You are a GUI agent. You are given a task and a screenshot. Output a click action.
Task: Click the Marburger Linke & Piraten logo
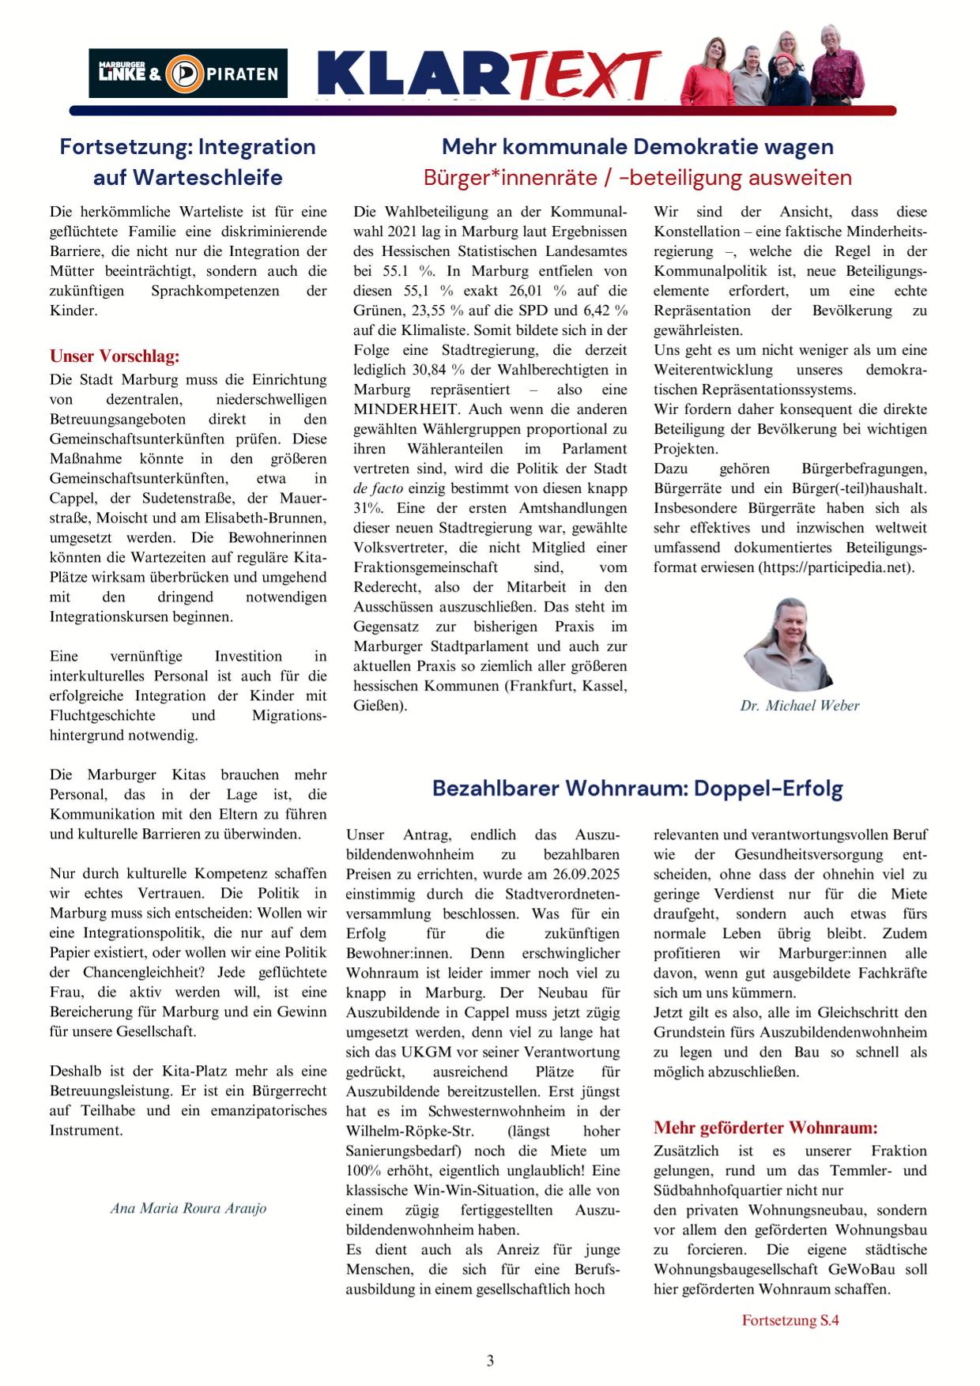click(x=188, y=73)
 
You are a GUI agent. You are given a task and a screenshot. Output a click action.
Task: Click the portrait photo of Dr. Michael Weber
click(x=787, y=645)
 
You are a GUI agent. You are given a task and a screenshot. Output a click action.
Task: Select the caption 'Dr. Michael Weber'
click(x=799, y=706)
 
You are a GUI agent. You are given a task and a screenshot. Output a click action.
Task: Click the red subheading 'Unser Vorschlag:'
click(x=115, y=356)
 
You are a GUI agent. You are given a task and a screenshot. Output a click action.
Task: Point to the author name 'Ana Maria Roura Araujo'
click(x=188, y=1208)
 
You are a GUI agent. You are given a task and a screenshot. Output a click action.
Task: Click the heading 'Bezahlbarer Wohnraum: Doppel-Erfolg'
click(x=637, y=788)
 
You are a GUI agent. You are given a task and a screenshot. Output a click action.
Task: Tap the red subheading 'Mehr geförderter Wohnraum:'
click(x=765, y=1128)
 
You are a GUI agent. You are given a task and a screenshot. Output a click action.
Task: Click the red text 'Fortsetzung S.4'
click(x=790, y=1320)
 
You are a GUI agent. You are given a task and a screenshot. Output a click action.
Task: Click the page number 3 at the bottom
click(x=490, y=1361)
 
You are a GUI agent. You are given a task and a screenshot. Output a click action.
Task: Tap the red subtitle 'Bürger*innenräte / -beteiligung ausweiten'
click(x=637, y=177)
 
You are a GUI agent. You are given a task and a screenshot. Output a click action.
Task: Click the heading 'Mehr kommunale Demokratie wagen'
click(x=637, y=147)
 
